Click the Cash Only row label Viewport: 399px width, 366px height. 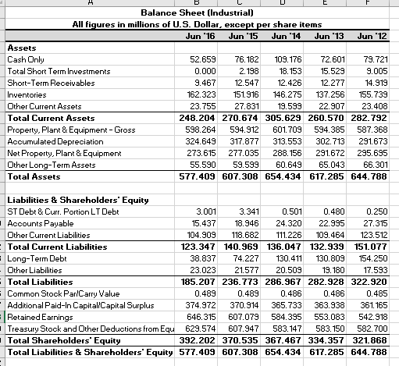27,59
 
